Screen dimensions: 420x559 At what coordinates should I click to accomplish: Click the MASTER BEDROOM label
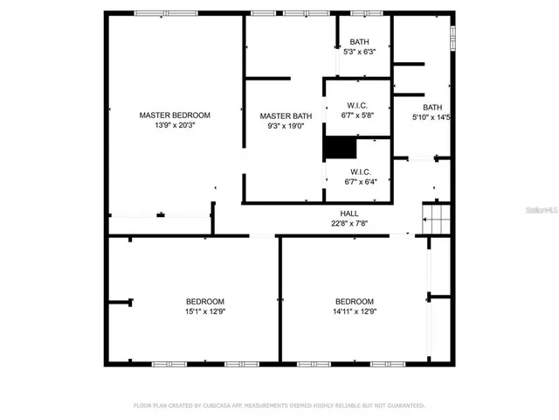(x=175, y=115)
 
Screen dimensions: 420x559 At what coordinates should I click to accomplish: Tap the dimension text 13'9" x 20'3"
(x=175, y=125)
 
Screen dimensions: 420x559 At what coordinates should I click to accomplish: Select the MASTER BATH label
(x=286, y=115)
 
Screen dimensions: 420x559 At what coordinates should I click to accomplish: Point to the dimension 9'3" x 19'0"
(x=286, y=126)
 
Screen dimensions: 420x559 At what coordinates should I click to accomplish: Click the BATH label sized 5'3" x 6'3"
(x=359, y=42)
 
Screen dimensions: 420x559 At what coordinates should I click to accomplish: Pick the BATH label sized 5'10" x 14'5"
(x=433, y=107)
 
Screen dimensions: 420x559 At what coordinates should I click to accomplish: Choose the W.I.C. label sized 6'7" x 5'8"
(x=358, y=105)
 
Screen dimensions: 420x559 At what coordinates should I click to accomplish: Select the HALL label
(x=349, y=213)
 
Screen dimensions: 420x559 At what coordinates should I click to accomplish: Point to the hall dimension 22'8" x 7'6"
(x=349, y=223)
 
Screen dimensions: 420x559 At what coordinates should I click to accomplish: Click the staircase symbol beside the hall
(x=435, y=218)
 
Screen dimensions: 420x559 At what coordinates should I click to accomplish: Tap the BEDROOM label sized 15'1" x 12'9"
(x=204, y=301)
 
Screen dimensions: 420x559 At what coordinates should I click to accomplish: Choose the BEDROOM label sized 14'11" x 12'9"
(x=355, y=301)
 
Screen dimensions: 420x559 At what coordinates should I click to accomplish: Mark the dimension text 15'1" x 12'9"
(x=204, y=311)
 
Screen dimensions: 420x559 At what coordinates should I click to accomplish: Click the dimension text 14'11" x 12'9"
(x=355, y=311)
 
